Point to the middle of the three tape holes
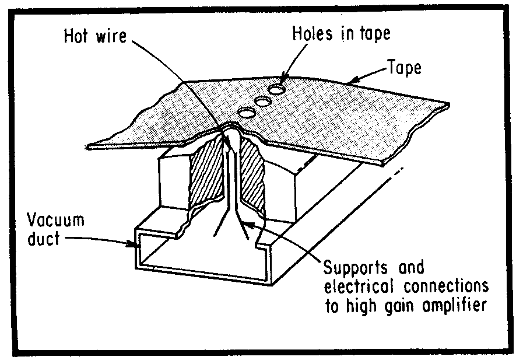point(262,102)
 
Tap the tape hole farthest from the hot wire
point(277,90)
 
